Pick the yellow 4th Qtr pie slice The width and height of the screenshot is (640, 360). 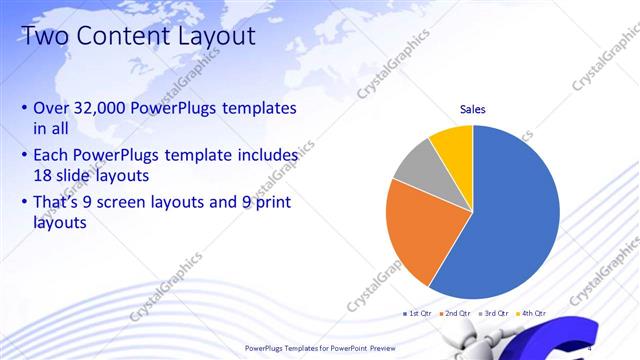click(x=453, y=143)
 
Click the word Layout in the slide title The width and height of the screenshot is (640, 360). click(x=206, y=37)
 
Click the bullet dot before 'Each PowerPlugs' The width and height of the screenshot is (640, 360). click(x=24, y=157)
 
